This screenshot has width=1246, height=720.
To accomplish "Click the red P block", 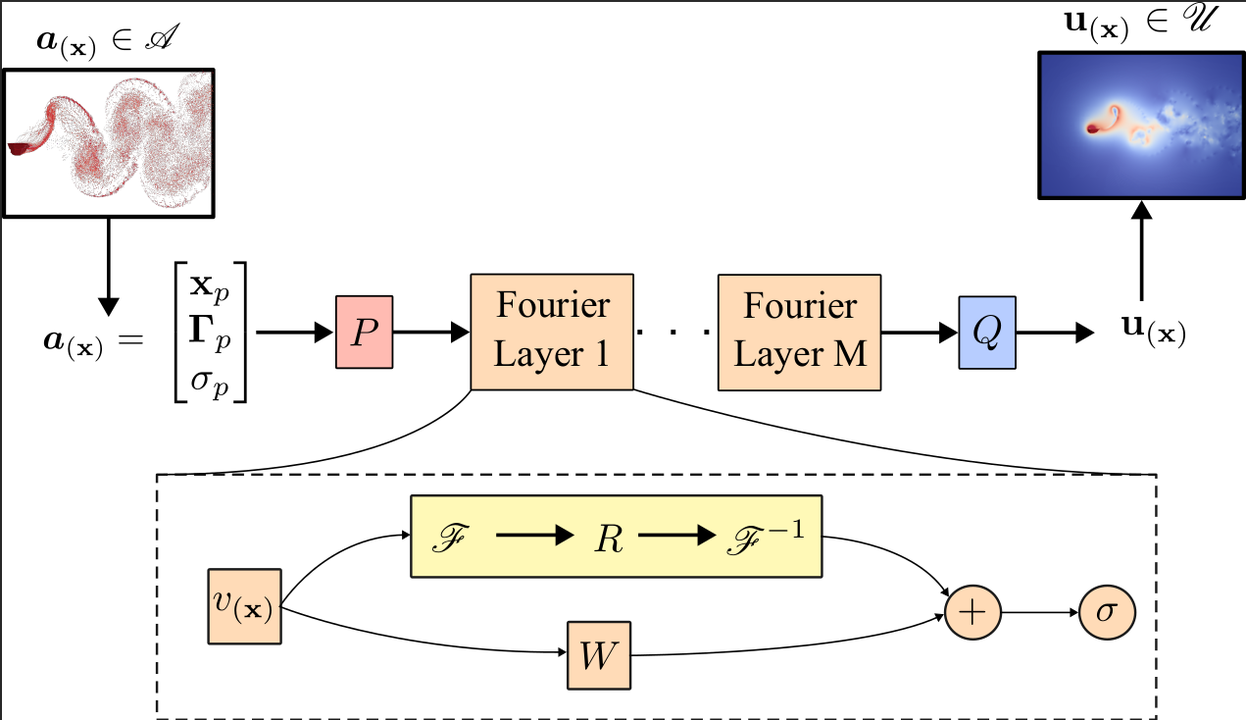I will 364,333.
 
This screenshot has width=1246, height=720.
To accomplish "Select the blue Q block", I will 986,333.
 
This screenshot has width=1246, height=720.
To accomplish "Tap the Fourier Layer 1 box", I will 551,332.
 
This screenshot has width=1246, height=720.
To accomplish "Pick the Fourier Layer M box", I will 799,332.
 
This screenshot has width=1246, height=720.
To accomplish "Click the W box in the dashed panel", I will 599,655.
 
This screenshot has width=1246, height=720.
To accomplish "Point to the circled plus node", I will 972,612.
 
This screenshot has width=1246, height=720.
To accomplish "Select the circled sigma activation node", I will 1107,612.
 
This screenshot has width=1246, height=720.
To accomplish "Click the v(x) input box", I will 244,605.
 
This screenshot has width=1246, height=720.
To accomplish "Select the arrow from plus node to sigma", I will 1040,612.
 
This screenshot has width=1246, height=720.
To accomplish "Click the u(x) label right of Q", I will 1154,332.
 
